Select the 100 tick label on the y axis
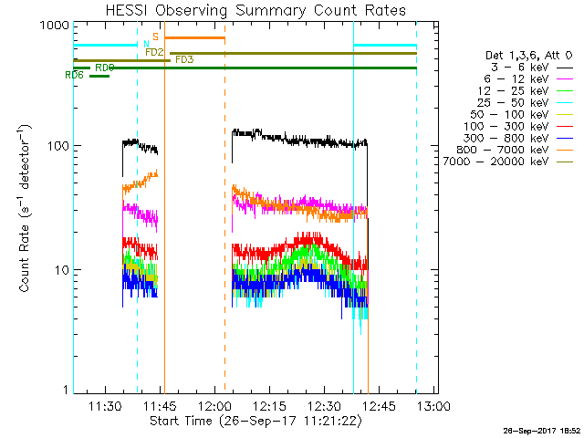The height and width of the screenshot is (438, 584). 57,146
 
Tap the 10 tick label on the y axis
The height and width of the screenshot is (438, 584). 60,270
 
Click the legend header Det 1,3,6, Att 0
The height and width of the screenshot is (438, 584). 529,57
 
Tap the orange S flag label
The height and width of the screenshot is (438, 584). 156,36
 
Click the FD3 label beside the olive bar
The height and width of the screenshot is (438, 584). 183,60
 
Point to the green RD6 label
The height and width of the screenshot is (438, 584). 75,76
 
